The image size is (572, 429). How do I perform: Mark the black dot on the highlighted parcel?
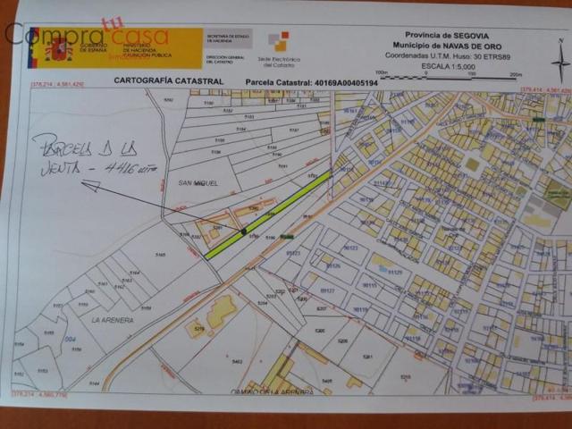pyautogui.click(x=243, y=231)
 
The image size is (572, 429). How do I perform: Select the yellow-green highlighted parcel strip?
pyautogui.click(x=268, y=215)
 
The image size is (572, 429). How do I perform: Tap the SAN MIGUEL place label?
pyautogui.click(x=186, y=182)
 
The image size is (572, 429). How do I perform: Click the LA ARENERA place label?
pyautogui.click(x=112, y=319)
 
